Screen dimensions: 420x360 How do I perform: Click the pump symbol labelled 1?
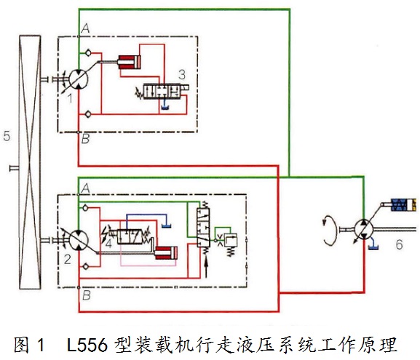click(78, 79)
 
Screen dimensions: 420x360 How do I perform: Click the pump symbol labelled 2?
click(79, 240)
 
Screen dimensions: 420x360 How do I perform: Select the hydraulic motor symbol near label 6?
click(364, 229)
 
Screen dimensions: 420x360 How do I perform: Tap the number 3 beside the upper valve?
click(182, 74)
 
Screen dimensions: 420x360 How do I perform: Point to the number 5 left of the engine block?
click(7, 136)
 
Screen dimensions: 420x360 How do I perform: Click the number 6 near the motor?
click(399, 244)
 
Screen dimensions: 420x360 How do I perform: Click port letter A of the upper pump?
click(85, 28)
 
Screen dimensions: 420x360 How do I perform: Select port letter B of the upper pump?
click(85, 139)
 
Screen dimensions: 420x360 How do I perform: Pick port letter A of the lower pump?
click(85, 188)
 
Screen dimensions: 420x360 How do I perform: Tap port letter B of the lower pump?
click(86, 295)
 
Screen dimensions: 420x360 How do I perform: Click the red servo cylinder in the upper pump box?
click(130, 62)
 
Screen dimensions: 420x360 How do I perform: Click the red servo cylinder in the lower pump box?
click(166, 253)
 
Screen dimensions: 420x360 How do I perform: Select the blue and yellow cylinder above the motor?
click(403, 205)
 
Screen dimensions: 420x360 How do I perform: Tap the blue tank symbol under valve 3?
click(165, 108)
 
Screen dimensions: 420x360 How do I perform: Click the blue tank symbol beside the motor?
click(373, 247)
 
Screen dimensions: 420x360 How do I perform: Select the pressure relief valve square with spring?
click(230, 240)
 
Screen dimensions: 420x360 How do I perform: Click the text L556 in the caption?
click(87, 345)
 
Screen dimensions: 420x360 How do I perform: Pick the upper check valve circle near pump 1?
click(88, 53)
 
